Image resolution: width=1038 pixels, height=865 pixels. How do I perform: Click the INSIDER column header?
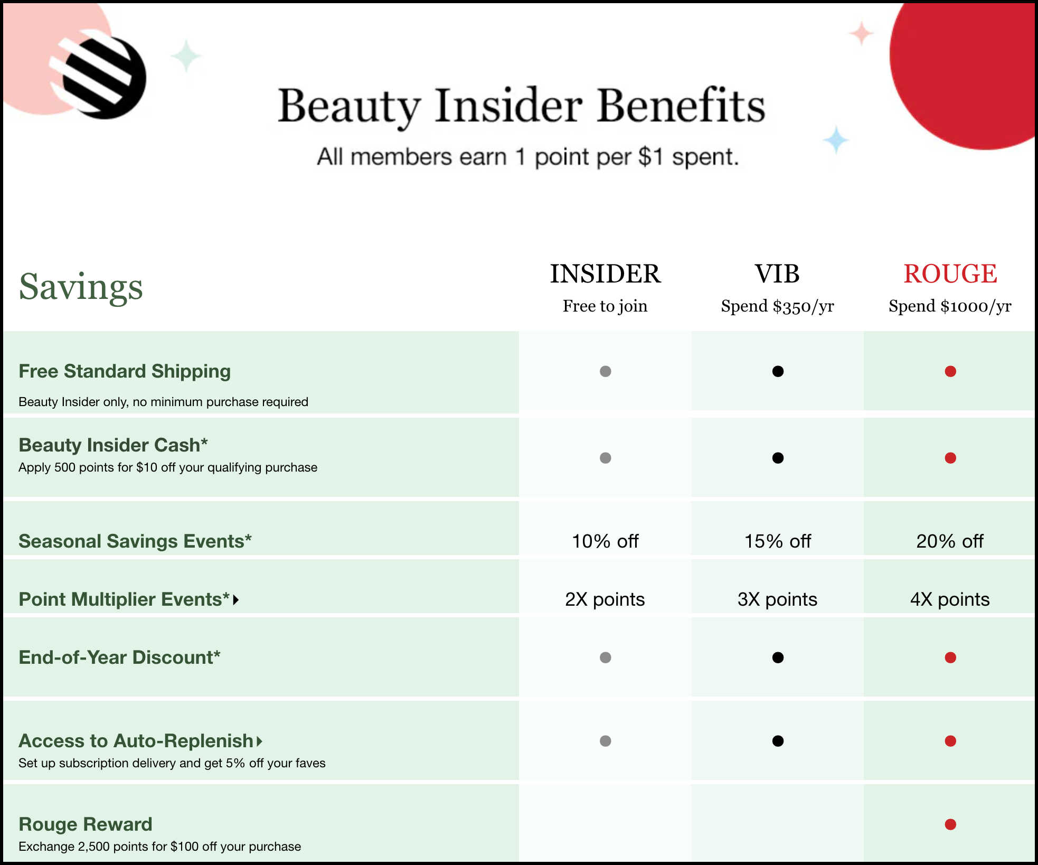[605, 274]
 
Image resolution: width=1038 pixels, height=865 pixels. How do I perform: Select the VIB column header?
[777, 274]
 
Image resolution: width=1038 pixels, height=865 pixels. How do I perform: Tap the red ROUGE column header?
[950, 274]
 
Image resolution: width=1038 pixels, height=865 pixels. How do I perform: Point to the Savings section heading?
[81, 287]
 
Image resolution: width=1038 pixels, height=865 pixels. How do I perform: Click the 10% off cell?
[605, 541]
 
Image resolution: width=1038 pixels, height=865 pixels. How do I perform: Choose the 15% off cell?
[777, 541]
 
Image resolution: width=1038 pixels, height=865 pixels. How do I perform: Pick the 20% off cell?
[950, 541]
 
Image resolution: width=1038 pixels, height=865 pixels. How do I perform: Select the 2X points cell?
[605, 599]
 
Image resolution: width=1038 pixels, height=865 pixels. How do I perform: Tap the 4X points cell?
[950, 599]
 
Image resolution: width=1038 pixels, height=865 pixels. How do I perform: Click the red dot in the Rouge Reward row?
[950, 824]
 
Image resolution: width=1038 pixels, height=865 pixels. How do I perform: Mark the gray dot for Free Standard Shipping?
[606, 371]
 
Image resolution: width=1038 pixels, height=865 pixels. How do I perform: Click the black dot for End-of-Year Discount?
[778, 657]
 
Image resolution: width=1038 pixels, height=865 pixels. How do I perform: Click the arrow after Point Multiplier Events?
[236, 600]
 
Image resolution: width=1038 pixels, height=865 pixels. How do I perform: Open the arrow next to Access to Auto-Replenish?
[259, 741]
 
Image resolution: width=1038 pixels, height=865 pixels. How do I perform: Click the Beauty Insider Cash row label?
[113, 445]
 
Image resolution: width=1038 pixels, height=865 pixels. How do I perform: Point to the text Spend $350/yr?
[777, 306]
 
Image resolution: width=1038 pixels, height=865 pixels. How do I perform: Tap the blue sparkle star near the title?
[836, 140]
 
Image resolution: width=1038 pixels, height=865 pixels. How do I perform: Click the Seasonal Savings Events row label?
[135, 541]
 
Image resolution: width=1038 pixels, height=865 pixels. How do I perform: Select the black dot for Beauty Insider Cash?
[778, 458]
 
